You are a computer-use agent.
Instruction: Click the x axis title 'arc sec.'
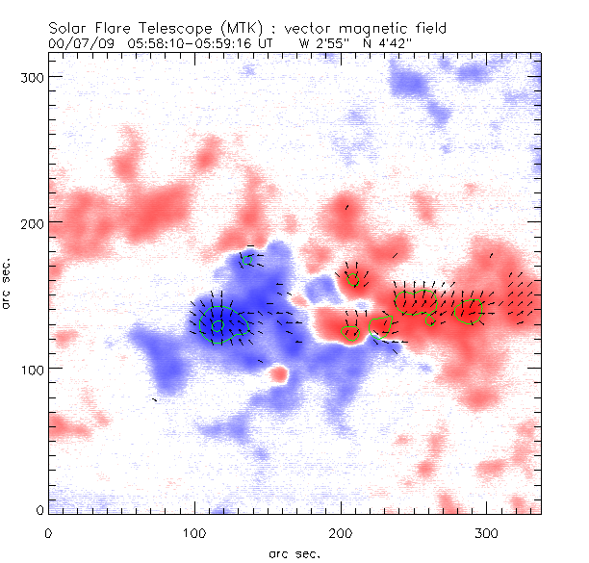point(294,552)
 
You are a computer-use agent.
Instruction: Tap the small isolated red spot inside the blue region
point(279,372)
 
